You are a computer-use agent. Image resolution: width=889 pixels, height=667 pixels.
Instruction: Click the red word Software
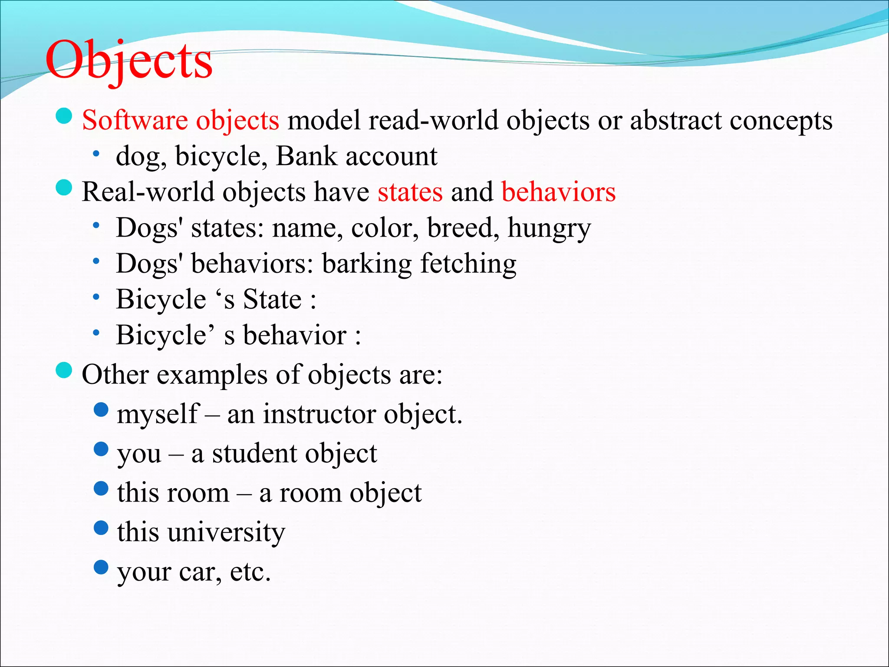(x=135, y=120)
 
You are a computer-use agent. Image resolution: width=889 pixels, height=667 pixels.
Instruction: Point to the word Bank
(x=306, y=156)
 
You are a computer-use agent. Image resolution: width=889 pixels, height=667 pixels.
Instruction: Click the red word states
(x=410, y=192)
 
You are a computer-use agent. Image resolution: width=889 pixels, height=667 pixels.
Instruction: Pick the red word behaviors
(x=559, y=192)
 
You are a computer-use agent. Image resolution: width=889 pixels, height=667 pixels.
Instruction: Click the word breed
(x=463, y=228)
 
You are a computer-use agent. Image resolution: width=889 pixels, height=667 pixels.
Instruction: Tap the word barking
(x=367, y=264)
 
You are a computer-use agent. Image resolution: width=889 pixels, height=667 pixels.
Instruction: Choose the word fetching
(x=468, y=264)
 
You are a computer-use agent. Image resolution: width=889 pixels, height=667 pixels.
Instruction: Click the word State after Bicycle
(x=272, y=299)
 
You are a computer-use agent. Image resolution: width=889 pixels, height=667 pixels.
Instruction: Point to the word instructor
(x=319, y=414)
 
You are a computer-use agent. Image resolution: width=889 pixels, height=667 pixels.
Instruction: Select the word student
(x=254, y=453)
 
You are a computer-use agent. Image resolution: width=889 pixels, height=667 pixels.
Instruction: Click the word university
(x=226, y=532)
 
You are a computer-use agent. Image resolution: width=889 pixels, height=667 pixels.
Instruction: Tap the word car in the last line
(x=200, y=572)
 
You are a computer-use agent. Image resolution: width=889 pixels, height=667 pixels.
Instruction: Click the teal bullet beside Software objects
(x=64, y=116)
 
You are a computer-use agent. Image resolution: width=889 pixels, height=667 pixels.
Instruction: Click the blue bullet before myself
(x=101, y=409)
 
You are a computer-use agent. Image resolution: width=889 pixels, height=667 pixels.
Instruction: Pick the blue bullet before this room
(x=101, y=489)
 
